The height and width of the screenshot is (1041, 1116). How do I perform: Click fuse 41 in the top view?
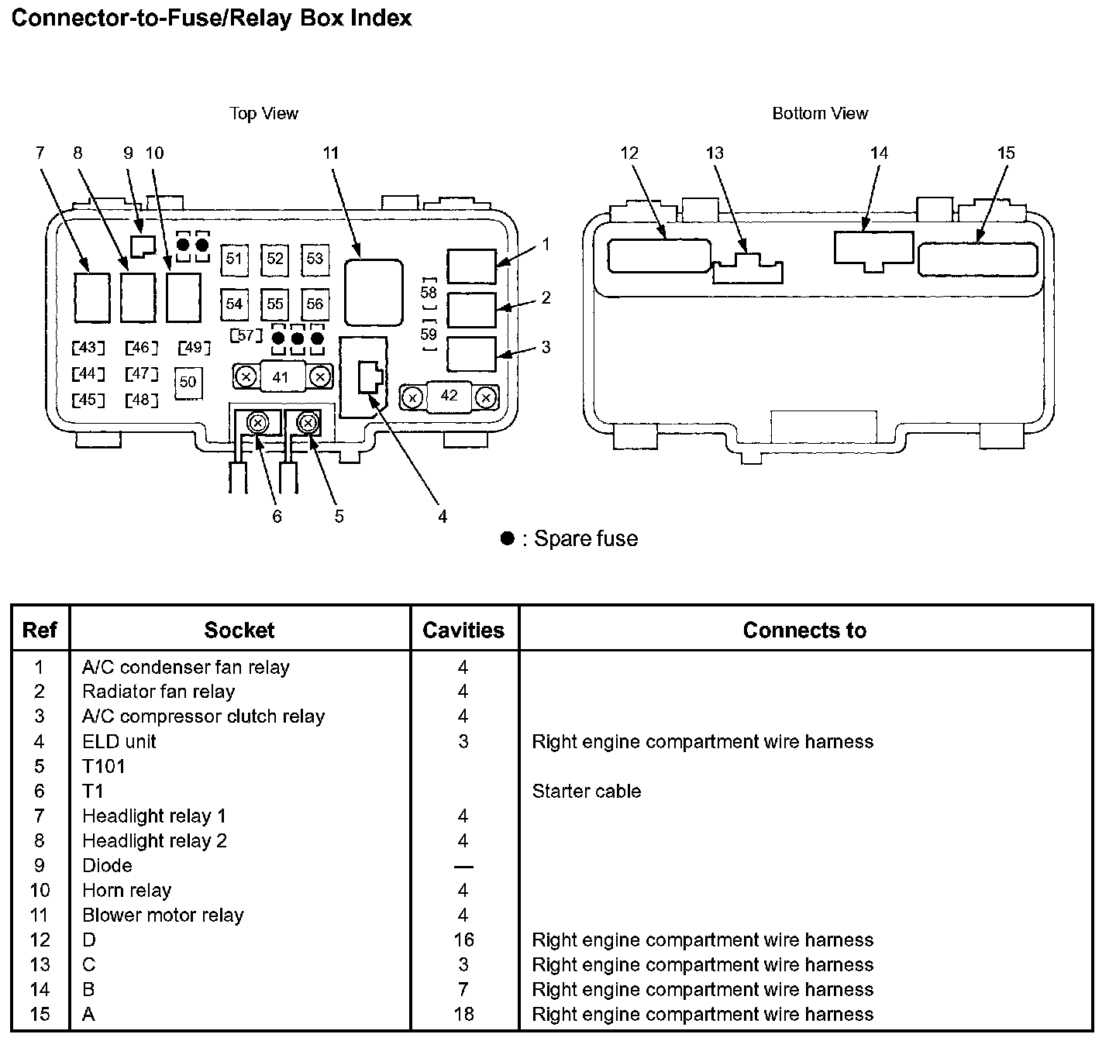click(x=281, y=377)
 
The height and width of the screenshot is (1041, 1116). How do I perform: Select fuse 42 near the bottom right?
click(x=449, y=397)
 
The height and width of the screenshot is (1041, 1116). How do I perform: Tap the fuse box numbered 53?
click(x=315, y=259)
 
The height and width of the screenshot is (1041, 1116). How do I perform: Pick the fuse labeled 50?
click(x=188, y=383)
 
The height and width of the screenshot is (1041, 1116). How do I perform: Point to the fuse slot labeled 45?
click(x=88, y=400)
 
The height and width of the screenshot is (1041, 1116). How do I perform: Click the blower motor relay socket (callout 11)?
click(x=374, y=292)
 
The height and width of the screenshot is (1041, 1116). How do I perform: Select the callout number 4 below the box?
click(x=443, y=517)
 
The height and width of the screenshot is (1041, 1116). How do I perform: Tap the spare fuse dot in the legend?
click(x=508, y=538)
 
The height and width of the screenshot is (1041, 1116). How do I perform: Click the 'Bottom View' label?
click(x=820, y=114)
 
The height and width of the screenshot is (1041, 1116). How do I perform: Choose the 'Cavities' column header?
click(x=463, y=630)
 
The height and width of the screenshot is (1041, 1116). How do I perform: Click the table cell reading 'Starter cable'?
click(x=586, y=791)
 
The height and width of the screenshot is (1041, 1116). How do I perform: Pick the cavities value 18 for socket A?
click(x=463, y=1014)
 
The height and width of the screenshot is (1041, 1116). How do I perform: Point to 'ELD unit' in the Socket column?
click(x=119, y=741)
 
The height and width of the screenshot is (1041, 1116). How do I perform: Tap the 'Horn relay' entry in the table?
click(x=126, y=890)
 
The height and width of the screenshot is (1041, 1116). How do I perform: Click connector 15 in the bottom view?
click(x=978, y=259)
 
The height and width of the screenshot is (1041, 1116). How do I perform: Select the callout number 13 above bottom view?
click(x=715, y=153)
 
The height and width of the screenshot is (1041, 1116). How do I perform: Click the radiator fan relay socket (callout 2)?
click(x=471, y=310)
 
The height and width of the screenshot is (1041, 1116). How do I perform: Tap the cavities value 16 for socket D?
click(x=463, y=940)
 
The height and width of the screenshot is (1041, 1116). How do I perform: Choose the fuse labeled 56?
click(x=315, y=304)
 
